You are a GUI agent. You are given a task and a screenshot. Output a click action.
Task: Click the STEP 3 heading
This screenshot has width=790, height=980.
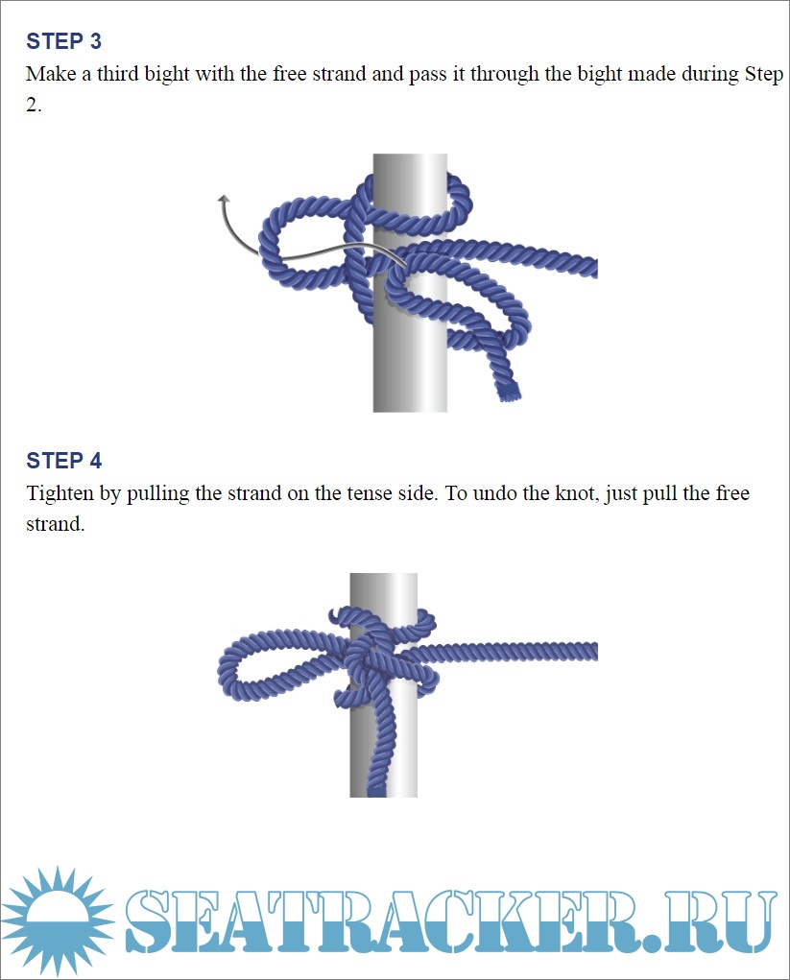[x=63, y=41]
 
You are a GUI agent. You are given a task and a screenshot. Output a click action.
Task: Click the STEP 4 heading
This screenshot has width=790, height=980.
[x=63, y=461]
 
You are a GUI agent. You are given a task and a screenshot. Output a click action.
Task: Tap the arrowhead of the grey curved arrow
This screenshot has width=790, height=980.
[x=224, y=200]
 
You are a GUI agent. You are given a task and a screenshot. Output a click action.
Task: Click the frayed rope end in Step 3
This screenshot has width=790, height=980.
[x=509, y=392]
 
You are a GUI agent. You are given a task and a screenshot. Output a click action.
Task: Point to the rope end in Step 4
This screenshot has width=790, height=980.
[x=376, y=792]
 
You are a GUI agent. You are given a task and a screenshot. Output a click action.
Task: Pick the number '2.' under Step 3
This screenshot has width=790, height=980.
[x=34, y=105]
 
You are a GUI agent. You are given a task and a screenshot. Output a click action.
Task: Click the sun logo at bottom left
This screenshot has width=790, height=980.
[x=58, y=921]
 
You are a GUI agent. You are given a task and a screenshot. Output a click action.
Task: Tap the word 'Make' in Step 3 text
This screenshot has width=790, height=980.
[x=51, y=74]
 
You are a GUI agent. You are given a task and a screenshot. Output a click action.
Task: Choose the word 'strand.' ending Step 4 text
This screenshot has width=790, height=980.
[x=55, y=524]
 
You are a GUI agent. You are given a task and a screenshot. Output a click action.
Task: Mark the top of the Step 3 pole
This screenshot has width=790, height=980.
[x=410, y=155]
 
